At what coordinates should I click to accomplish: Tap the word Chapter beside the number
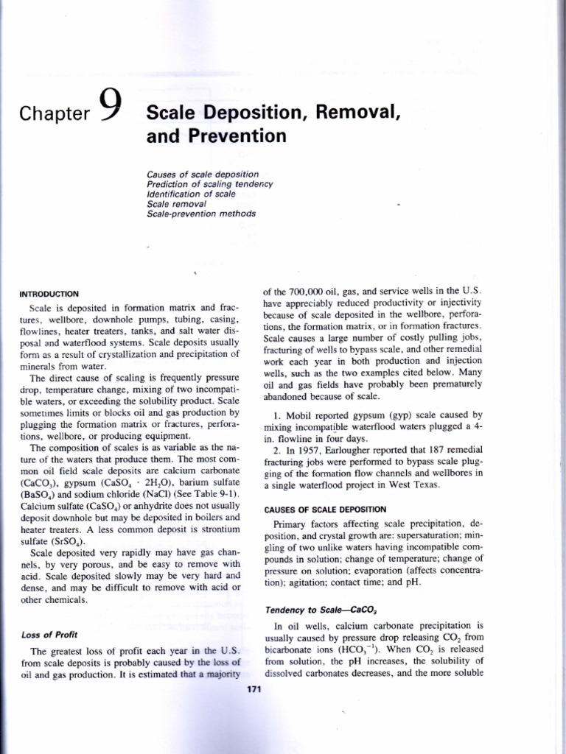(55, 113)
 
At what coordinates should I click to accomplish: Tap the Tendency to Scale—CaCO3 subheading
(310, 609)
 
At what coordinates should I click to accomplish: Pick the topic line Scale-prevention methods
(201, 214)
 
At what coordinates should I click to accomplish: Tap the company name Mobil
(301, 415)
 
